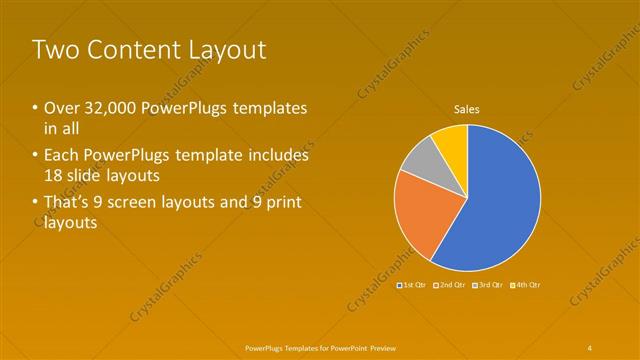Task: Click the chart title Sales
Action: [468, 108]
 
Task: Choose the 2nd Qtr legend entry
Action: [450, 285]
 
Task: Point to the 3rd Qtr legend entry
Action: [487, 285]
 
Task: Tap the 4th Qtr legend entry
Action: [525, 285]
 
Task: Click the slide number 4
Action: [590, 346]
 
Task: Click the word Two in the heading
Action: [56, 50]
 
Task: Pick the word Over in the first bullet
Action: [63, 108]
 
